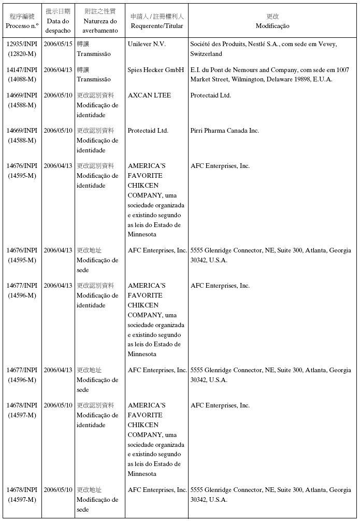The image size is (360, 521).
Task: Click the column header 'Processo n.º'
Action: pos(22,26)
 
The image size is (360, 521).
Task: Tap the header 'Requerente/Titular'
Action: pos(156,26)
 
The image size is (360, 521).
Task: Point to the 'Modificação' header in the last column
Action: pos(272,26)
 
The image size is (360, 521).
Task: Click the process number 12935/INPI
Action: pos(22,44)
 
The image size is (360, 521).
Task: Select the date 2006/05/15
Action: pos(57,44)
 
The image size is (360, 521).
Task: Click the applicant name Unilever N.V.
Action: pos(147,44)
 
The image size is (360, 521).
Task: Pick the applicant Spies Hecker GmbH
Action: pos(156,69)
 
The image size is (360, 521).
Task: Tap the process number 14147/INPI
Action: pos(22,69)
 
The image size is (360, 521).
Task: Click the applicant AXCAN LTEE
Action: pos(149,95)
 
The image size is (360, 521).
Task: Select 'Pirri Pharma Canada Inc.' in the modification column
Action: pos(224,131)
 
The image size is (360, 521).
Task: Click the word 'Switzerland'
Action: pos(206,54)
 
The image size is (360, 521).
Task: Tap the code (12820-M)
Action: pos(22,54)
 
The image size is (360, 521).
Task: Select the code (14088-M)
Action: pos(22,79)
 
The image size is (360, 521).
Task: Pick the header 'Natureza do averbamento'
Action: pos(100,26)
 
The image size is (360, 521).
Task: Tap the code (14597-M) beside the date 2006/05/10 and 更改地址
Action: pos(22,500)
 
